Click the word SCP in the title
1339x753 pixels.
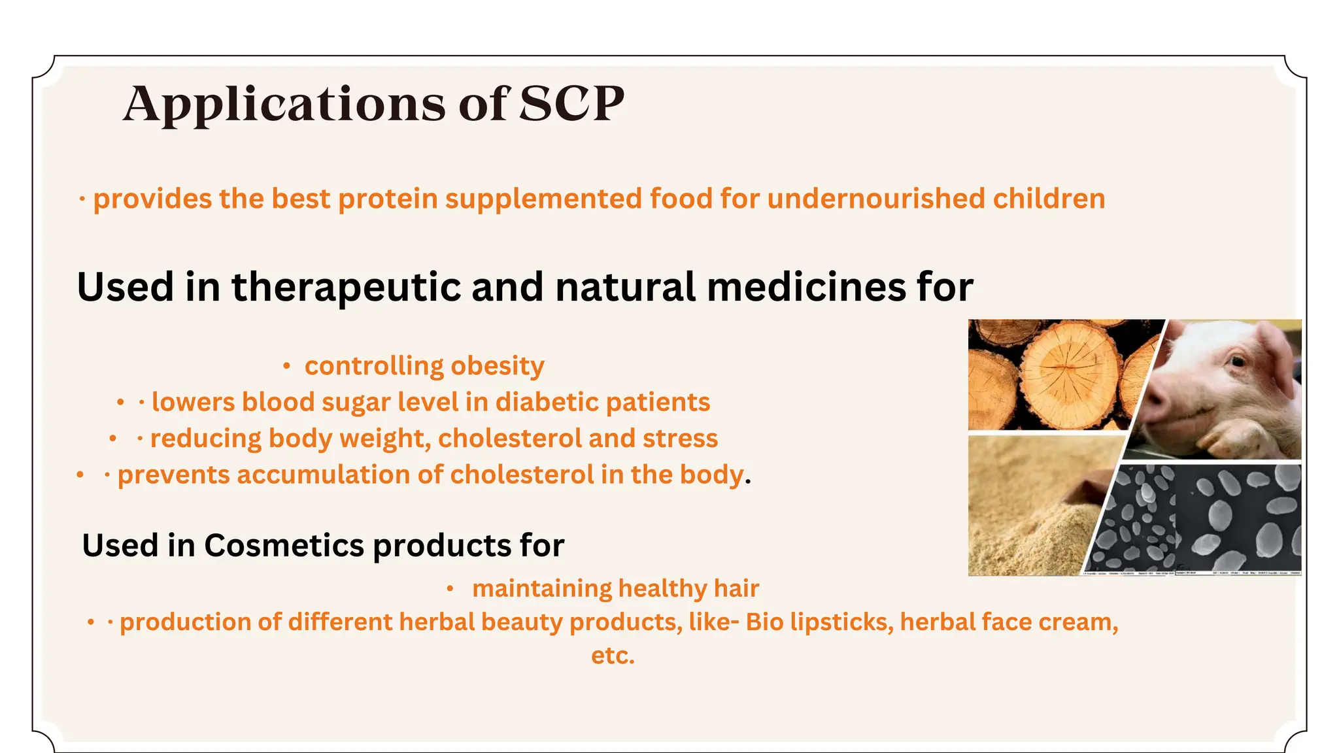click(x=571, y=103)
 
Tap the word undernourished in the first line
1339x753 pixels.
click(x=875, y=199)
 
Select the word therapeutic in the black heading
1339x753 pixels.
click(x=347, y=287)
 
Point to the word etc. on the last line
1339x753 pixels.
click(x=613, y=656)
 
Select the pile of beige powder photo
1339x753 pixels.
click(x=1030, y=510)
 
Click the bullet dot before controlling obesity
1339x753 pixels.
click(x=286, y=367)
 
